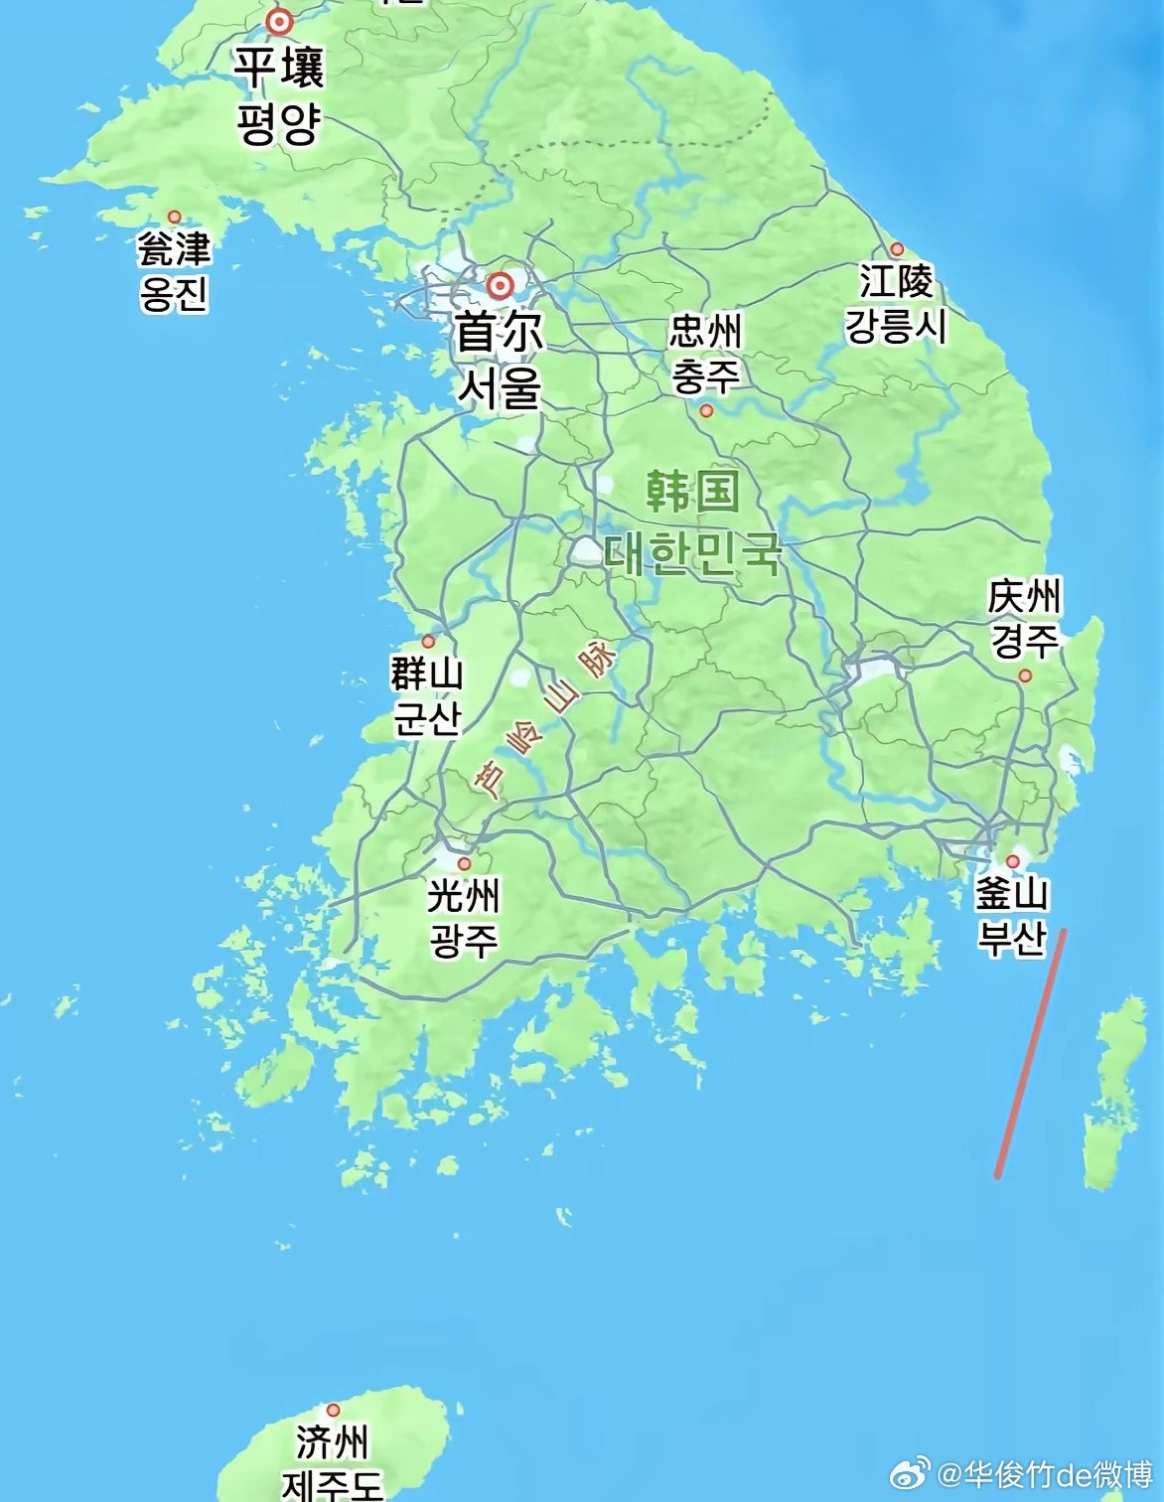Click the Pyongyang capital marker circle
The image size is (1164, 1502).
(x=280, y=21)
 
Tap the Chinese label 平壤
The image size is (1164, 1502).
(x=279, y=68)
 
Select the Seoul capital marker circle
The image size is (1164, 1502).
(x=500, y=286)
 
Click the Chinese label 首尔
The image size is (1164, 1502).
(x=500, y=333)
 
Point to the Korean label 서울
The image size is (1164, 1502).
(x=500, y=385)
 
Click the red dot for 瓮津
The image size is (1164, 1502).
(x=175, y=217)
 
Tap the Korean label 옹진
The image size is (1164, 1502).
(x=175, y=293)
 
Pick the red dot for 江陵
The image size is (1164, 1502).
(x=897, y=249)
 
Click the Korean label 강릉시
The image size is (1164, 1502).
(x=896, y=326)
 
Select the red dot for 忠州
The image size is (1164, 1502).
(x=706, y=410)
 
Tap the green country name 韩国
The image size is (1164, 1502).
(x=692, y=491)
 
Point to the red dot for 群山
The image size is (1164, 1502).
(x=428, y=642)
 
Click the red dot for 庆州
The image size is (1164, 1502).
(x=1025, y=676)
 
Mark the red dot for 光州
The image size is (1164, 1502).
(x=464, y=863)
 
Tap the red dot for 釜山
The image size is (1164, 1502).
(x=1013, y=861)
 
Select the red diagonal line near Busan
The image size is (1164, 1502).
(x=1031, y=1053)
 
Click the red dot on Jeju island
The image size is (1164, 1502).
(x=333, y=1410)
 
